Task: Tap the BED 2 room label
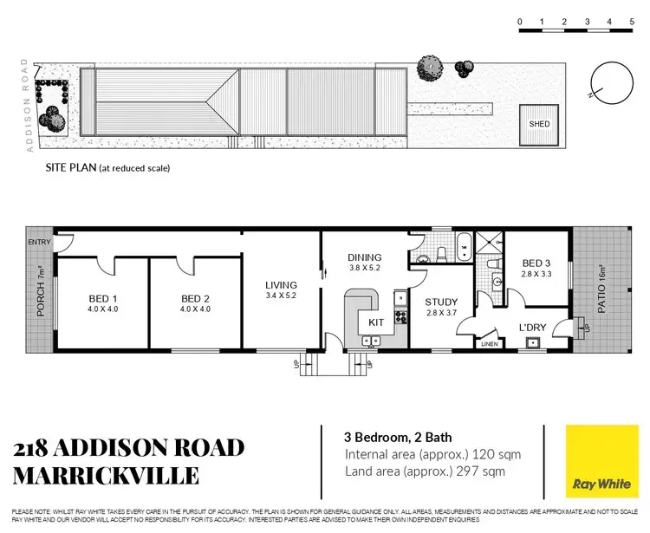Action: click(x=195, y=298)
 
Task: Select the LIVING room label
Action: click(x=282, y=285)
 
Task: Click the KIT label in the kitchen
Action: click(x=376, y=322)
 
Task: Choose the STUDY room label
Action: click(x=440, y=303)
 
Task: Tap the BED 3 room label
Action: click(x=536, y=263)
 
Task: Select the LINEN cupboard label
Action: click(x=491, y=344)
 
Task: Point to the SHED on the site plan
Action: click(x=539, y=124)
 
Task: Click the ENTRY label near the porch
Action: click(x=39, y=242)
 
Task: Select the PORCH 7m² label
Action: click(x=41, y=293)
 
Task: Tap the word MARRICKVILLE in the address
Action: click(x=106, y=475)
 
